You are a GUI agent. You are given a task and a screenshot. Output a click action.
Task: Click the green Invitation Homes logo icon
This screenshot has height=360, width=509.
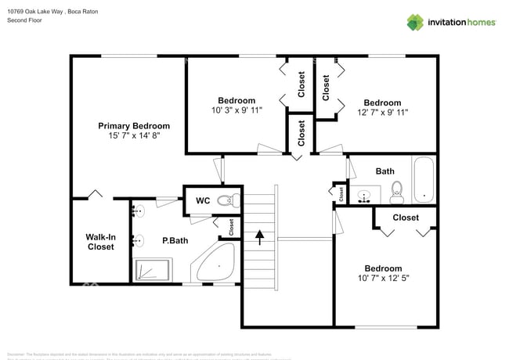click(x=415, y=22)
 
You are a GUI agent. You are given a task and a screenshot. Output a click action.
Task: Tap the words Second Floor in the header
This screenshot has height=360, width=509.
click(x=24, y=20)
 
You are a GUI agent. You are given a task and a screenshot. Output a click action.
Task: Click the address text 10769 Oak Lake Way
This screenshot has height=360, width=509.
click(x=36, y=11)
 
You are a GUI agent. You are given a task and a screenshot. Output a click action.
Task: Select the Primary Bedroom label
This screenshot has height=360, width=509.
click(x=134, y=125)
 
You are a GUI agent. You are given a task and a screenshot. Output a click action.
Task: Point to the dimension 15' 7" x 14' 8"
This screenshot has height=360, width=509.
click(x=134, y=136)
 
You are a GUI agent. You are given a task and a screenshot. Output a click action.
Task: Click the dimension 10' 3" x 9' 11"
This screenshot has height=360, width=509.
click(x=236, y=110)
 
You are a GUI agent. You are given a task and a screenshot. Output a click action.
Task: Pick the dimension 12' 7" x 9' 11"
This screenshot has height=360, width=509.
click(x=382, y=113)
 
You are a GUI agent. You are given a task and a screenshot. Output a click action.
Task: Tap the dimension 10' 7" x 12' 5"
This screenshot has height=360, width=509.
click(x=383, y=278)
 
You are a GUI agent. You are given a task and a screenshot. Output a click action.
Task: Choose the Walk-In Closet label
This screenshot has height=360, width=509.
click(x=100, y=241)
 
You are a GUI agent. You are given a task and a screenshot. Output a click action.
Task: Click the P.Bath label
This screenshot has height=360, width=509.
click(x=173, y=241)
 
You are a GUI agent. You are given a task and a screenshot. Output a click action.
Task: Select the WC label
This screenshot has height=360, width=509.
click(x=203, y=200)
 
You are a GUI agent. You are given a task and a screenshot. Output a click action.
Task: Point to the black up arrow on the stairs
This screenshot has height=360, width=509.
click(x=259, y=233)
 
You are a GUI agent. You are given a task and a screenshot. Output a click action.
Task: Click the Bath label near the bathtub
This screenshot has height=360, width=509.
click(x=384, y=171)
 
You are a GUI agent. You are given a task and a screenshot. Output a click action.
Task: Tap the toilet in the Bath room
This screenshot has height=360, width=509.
click(x=396, y=190)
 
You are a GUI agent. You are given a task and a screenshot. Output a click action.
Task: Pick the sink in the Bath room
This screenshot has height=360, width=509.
click(x=363, y=195)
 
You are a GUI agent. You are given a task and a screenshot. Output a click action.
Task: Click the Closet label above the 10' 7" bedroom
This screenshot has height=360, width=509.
click(x=405, y=218)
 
